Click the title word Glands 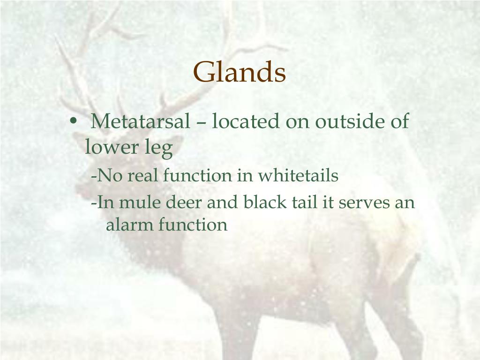[240, 72]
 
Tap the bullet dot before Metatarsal [73, 120]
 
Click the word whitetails [298, 176]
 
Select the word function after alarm [193, 225]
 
